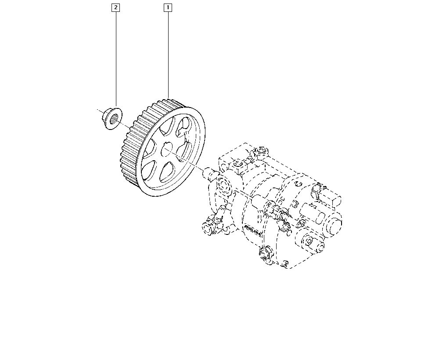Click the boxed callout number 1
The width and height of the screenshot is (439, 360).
point(168,7)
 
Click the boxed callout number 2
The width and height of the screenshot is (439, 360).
point(115,7)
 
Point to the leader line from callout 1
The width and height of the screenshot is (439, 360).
point(168,55)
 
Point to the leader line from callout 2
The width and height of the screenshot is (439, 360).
point(116,59)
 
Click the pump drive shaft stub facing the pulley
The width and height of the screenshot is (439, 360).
point(209,173)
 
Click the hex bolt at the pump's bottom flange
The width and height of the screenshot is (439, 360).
point(265,253)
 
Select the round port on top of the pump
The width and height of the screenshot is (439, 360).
point(262,151)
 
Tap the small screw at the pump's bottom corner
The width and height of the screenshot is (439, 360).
point(285,263)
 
